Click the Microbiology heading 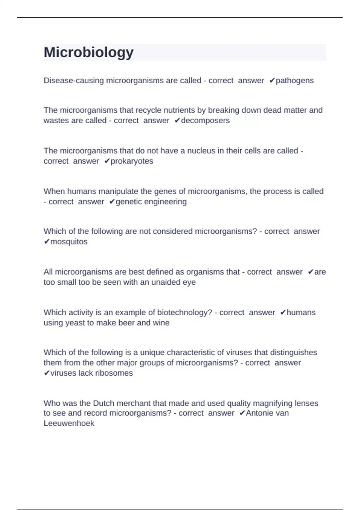point(89,52)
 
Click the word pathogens point(295,81)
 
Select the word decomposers point(205,121)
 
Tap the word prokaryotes point(132,161)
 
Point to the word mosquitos point(69,242)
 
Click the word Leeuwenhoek point(69,423)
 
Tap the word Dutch point(103,403)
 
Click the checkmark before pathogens point(272,81)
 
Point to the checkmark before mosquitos point(46,242)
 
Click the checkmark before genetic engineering point(112,202)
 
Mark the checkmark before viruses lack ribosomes point(46,373)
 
